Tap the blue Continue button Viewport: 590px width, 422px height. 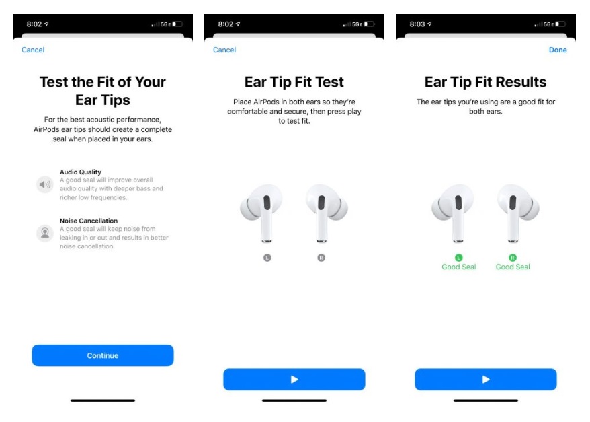click(x=102, y=355)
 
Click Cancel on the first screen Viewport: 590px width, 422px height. click(x=33, y=50)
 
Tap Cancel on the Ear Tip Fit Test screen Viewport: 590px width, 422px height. click(x=224, y=50)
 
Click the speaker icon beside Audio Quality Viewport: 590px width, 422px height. click(x=44, y=184)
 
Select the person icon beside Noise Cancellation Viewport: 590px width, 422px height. click(x=44, y=233)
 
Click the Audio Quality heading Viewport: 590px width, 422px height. click(x=81, y=172)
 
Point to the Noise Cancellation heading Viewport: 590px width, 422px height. click(x=89, y=221)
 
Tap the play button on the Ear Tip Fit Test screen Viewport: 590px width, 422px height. click(x=294, y=380)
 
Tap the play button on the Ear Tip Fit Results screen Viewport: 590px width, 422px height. click(x=485, y=380)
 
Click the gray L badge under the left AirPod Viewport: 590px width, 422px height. click(x=267, y=258)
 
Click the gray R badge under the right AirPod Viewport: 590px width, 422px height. click(x=321, y=258)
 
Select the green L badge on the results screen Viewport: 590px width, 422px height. click(x=459, y=258)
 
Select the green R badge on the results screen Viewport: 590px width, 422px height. click(x=513, y=258)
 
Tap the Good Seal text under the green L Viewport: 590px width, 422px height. click(x=459, y=267)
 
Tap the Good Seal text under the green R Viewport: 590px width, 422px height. click(x=513, y=267)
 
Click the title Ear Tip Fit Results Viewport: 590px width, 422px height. click(x=485, y=82)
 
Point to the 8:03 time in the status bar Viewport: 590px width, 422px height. click(x=417, y=24)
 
